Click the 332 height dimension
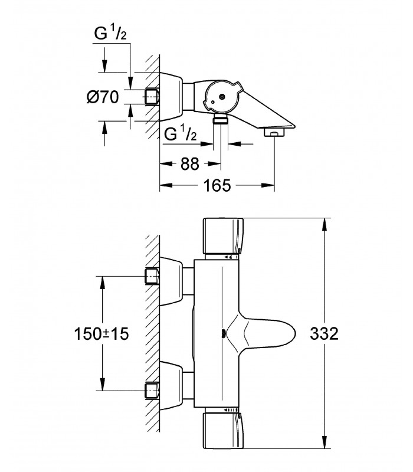coord(324,333)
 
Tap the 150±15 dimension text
coord(101,334)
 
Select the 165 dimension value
coord(217,185)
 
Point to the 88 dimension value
coord(190,164)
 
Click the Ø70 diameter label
coord(103,97)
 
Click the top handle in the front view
coord(223,235)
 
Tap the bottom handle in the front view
coord(223,431)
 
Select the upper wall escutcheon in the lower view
coord(171,281)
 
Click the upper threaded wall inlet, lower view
coord(152,276)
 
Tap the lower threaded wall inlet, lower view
coord(152,391)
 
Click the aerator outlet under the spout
coord(274,132)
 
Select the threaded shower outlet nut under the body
coord(221,119)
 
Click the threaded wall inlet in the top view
coord(152,97)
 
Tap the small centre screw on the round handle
coord(222,97)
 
